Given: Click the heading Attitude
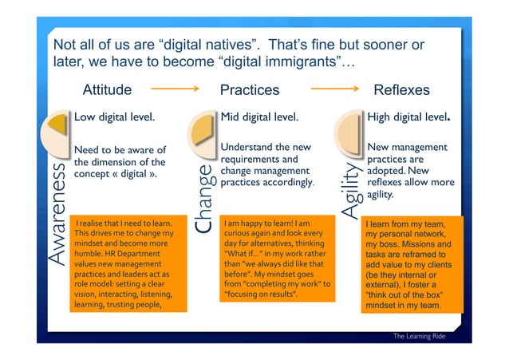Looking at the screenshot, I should pos(107,90).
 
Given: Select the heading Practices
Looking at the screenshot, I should pos(249,90).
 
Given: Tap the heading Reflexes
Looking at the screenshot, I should pos(401,90).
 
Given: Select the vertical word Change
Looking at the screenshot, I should pos(204,199).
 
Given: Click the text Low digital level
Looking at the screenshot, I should pos(113,117).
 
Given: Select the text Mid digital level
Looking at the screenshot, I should pos(258,117).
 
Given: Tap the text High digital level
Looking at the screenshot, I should pos(408,117).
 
